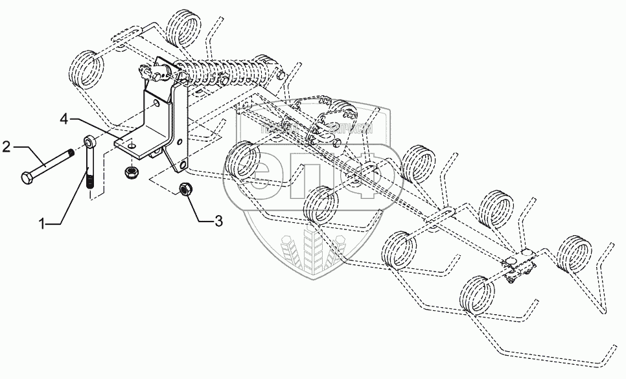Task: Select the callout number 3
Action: point(218,222)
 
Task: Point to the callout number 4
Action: point(64,119)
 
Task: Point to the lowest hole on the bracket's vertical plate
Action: point(183,167)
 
